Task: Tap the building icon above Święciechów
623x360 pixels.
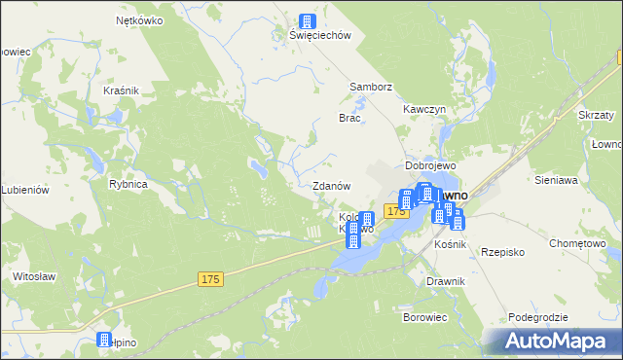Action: click(308, 20)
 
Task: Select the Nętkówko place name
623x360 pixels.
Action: click(137, 19)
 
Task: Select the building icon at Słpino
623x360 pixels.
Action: click(104, 340)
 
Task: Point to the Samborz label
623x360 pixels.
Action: click(370, 87)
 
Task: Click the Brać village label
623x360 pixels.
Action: click(349, 118)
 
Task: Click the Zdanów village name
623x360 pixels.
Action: click(331, 185)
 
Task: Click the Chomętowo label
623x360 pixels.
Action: click(578, 243)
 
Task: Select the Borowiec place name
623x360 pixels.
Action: click(424, 317)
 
